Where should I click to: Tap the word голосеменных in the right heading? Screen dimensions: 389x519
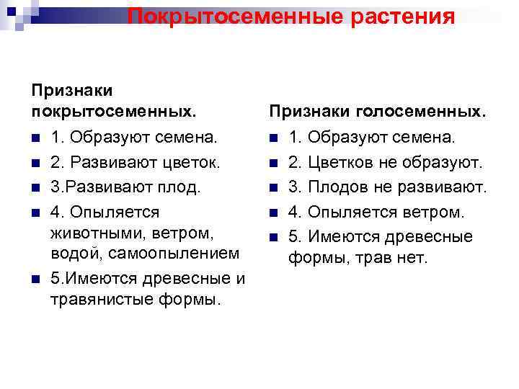[419, 112]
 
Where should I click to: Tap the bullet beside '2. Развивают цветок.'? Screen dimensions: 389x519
[35, 163]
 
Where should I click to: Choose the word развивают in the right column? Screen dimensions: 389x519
[448, 187]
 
